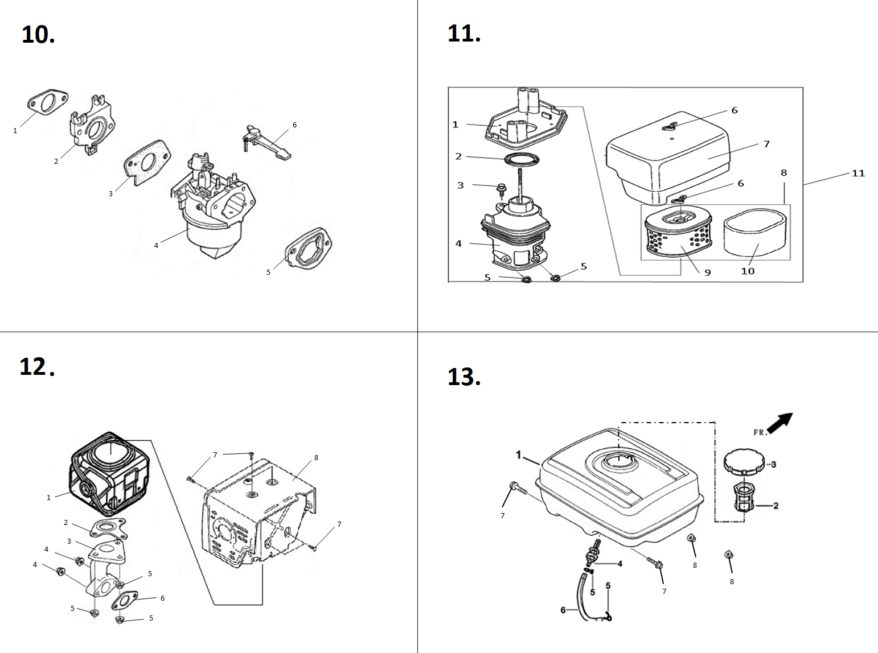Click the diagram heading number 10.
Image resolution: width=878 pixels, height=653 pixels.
coord(38,35)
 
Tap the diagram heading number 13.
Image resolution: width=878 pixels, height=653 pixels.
coord(464,377)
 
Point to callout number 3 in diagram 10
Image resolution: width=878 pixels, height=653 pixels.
coord(110,194)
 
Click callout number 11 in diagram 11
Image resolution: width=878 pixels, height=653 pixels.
coord(858,173)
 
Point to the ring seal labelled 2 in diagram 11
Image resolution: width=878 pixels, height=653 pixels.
coord(520,159)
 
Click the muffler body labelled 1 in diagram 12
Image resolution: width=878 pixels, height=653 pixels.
coord(108,472)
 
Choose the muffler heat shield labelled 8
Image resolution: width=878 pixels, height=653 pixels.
coord(256,506)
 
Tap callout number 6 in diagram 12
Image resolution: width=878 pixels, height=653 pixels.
coord(162,598)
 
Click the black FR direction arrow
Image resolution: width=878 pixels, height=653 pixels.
coord(779,422)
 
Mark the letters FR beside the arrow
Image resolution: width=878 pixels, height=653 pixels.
coord(758,432)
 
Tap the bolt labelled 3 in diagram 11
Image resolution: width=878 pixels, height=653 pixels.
coord(502,188)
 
